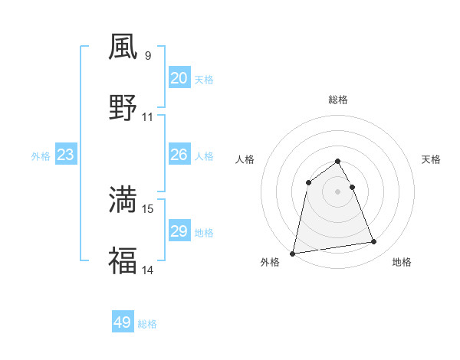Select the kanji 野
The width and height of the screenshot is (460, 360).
[x=123, y=107]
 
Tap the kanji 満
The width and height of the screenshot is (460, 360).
[x=123, y=199]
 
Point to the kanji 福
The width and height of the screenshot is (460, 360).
[x=123, y=260]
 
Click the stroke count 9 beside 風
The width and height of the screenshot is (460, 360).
[x=147, y=55]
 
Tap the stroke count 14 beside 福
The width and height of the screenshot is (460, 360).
[x=148, y=270]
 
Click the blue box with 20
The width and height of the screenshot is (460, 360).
[x=179, y=78]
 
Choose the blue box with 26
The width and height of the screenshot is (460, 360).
[x=179, y=155]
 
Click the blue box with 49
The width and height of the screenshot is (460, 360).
[x=123, y=322]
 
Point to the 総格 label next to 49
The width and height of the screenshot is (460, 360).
[x=147, y=324]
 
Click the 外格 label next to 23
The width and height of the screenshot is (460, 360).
[x=41, y=156]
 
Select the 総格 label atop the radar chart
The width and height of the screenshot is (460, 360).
[x=337, y=100]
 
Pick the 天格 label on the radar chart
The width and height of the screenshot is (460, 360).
[x=432, y=159]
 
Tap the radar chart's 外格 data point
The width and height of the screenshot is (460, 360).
[x=293, y=253]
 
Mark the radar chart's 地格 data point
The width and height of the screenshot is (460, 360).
[x=374, y=242]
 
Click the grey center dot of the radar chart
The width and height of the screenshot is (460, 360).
[x=337, y=191]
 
